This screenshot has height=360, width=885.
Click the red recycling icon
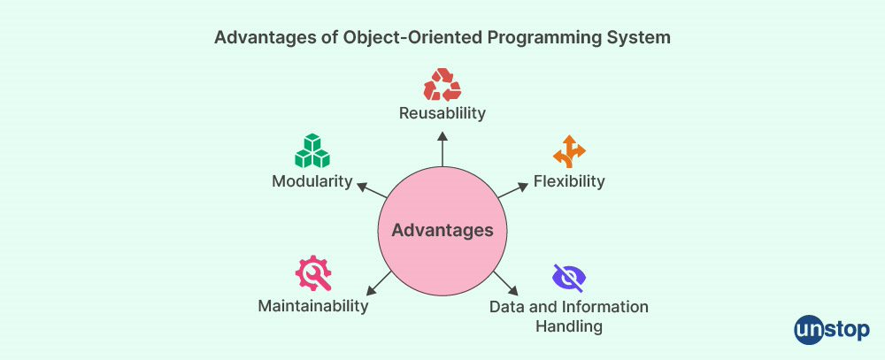442,85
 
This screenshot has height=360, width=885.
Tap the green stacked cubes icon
312,150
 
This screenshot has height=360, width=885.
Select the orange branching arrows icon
569,151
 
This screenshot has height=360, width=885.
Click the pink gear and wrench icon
313,273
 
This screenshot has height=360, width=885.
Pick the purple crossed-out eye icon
569,277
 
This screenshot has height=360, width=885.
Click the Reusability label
442,113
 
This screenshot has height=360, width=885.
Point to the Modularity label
312,181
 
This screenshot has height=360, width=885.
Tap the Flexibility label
569,181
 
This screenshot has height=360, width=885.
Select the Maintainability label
313,306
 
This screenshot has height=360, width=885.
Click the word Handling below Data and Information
569,326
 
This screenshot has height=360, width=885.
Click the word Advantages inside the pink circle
442,230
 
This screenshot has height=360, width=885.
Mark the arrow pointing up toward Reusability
442,149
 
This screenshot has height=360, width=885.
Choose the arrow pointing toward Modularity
373,190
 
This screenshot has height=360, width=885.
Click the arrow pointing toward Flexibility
512,190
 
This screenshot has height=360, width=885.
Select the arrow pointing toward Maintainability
379,283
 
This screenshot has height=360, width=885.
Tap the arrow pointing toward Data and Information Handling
506,283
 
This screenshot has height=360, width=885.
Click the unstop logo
832,330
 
